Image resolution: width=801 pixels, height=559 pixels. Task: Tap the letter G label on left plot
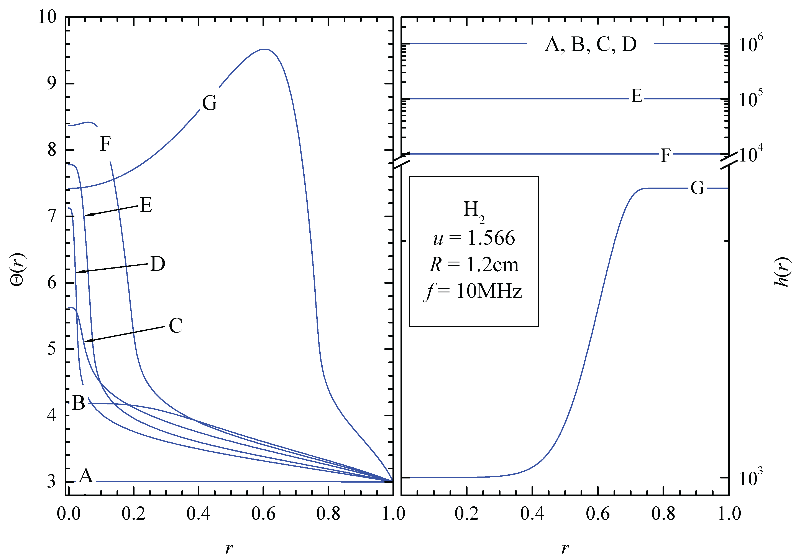[210, 103]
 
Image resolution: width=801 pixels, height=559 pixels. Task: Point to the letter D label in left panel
[158, 264]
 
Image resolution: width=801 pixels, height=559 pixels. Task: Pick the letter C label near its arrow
[176, 326]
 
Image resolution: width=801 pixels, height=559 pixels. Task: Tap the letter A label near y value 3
[86, 476]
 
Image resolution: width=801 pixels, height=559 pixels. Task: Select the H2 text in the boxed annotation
[473, 211]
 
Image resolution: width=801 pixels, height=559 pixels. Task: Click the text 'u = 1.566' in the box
[474, 238]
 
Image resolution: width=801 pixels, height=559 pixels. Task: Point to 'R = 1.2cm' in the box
[474, 265]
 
